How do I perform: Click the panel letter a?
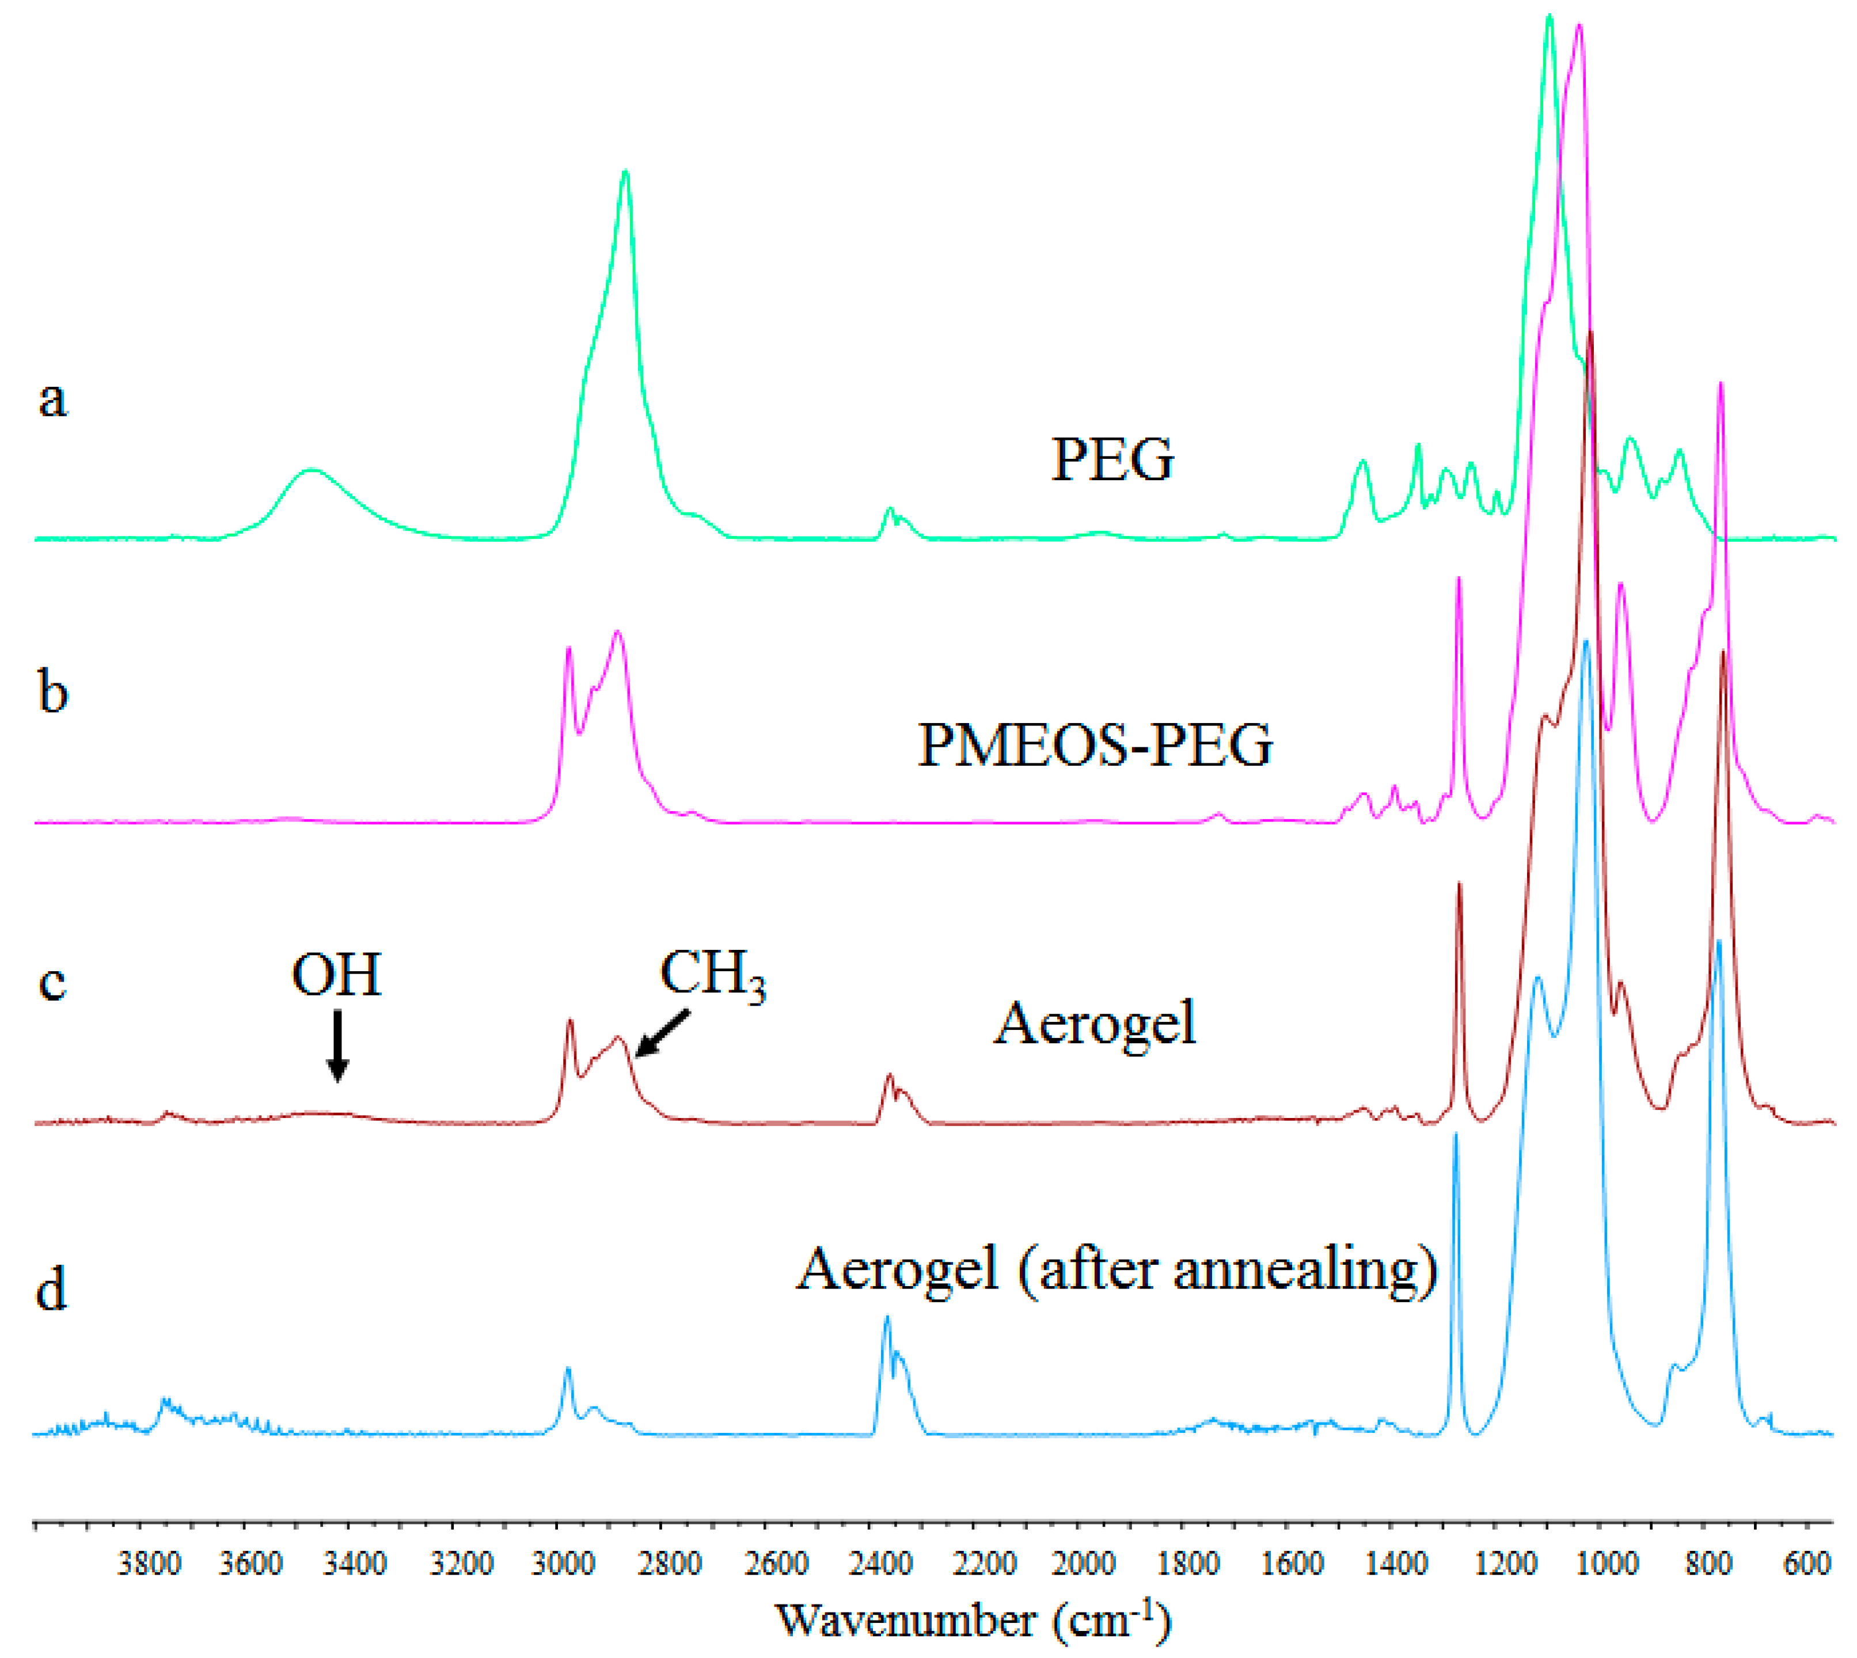tap(53, 399)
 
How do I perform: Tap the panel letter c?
tap(53, 983)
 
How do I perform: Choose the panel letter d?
tap(51, 1290)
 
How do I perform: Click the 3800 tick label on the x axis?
tap(150, 1565)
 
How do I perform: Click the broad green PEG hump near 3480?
tap(313, 471)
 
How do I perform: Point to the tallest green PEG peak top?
tap(1549, 16)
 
